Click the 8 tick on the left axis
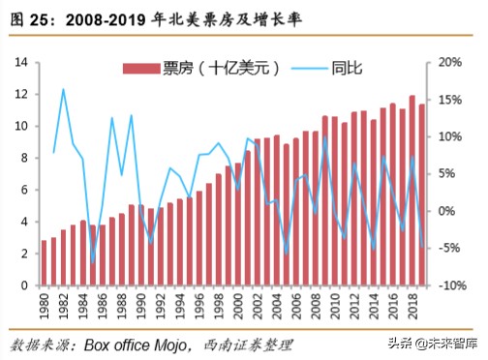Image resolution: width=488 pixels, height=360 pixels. pyautogui.click(x=21, y=158)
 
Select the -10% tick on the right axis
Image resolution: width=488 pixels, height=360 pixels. pyautogui.click(x=450, y=285)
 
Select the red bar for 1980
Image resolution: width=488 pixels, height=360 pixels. pyautogui.click(x=44, y=263)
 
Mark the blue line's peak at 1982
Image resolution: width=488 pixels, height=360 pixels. pyautogui.click(x=63, y=89)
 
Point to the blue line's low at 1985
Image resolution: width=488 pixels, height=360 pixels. pyautogui.click(x=93, y=262)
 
